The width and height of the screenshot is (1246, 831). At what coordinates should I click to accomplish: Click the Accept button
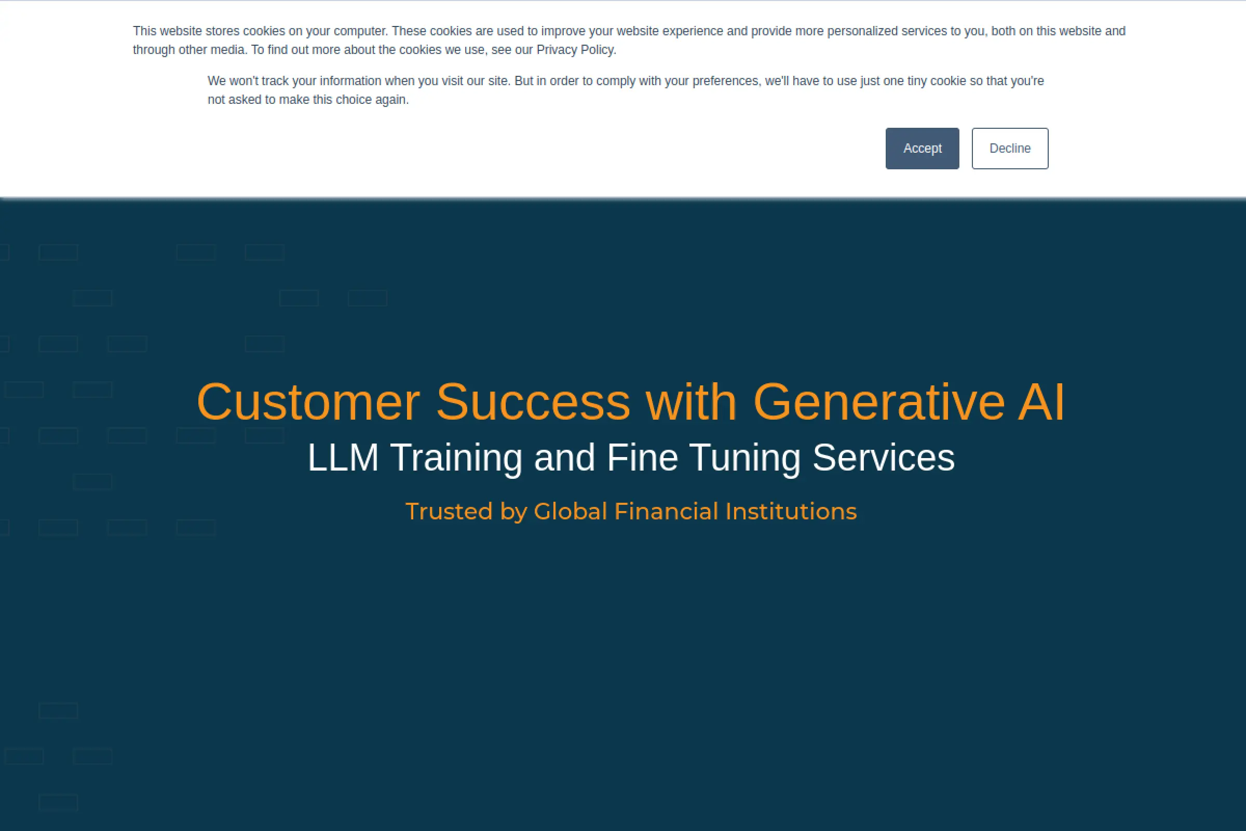point(923,149)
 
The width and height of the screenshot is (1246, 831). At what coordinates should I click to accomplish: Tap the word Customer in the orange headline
point(308,402)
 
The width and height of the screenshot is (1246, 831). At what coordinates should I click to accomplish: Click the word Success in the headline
point(533,402)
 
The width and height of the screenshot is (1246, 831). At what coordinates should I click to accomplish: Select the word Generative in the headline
point(879,402)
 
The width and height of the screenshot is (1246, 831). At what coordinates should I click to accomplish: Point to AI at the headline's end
point(1041,402)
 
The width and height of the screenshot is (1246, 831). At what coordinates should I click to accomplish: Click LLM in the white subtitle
point(343,458)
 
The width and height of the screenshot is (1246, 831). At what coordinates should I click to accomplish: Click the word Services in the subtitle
point(884,458)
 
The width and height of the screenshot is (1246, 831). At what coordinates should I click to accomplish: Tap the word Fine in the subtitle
point(642,458)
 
